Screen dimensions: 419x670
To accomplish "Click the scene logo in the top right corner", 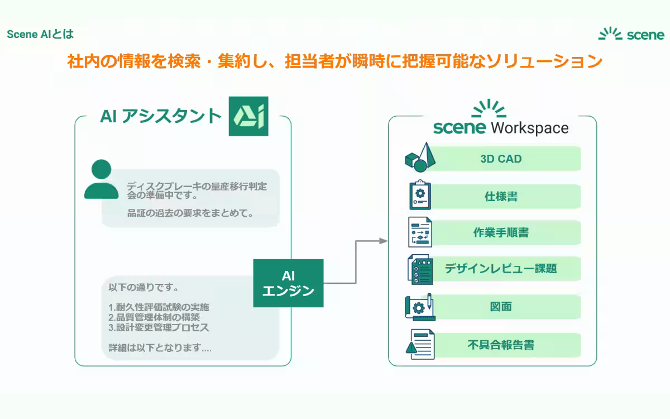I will pyautogui.click(x=631, y=35).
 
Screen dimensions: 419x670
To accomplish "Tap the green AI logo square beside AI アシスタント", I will pyautogui.click(x=248, y=116).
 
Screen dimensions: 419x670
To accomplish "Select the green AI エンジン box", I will pyautogui.click(x=288, y=283).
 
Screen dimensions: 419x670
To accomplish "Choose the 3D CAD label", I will pyautogui.click(x=501, y=159).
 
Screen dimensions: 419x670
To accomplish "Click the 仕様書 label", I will pyautogui.click(x=501, y=197).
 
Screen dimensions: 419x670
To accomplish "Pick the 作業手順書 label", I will pyautogui.click(x=501, y=233).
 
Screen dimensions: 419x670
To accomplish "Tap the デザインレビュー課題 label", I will pyautogui.click(x=501, y=269).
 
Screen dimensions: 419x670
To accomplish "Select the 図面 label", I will pyautogui.click(x=501, y=307).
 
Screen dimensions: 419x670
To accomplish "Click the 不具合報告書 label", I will pyautogui.click(x=501, y=345).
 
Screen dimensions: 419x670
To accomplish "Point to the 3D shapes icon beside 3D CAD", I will pyautogui.click(x=419, y=157).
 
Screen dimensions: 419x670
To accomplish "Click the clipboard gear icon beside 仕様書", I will pyautogui.click(x=420, y=195).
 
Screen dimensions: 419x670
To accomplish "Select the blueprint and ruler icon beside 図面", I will pyautogui.click(x=419, y=306).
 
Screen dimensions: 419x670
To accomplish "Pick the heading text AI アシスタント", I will pyautogui.click(x=161, y=116).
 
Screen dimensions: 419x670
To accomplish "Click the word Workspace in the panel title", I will pyautogui.click(x=529, y=127).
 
